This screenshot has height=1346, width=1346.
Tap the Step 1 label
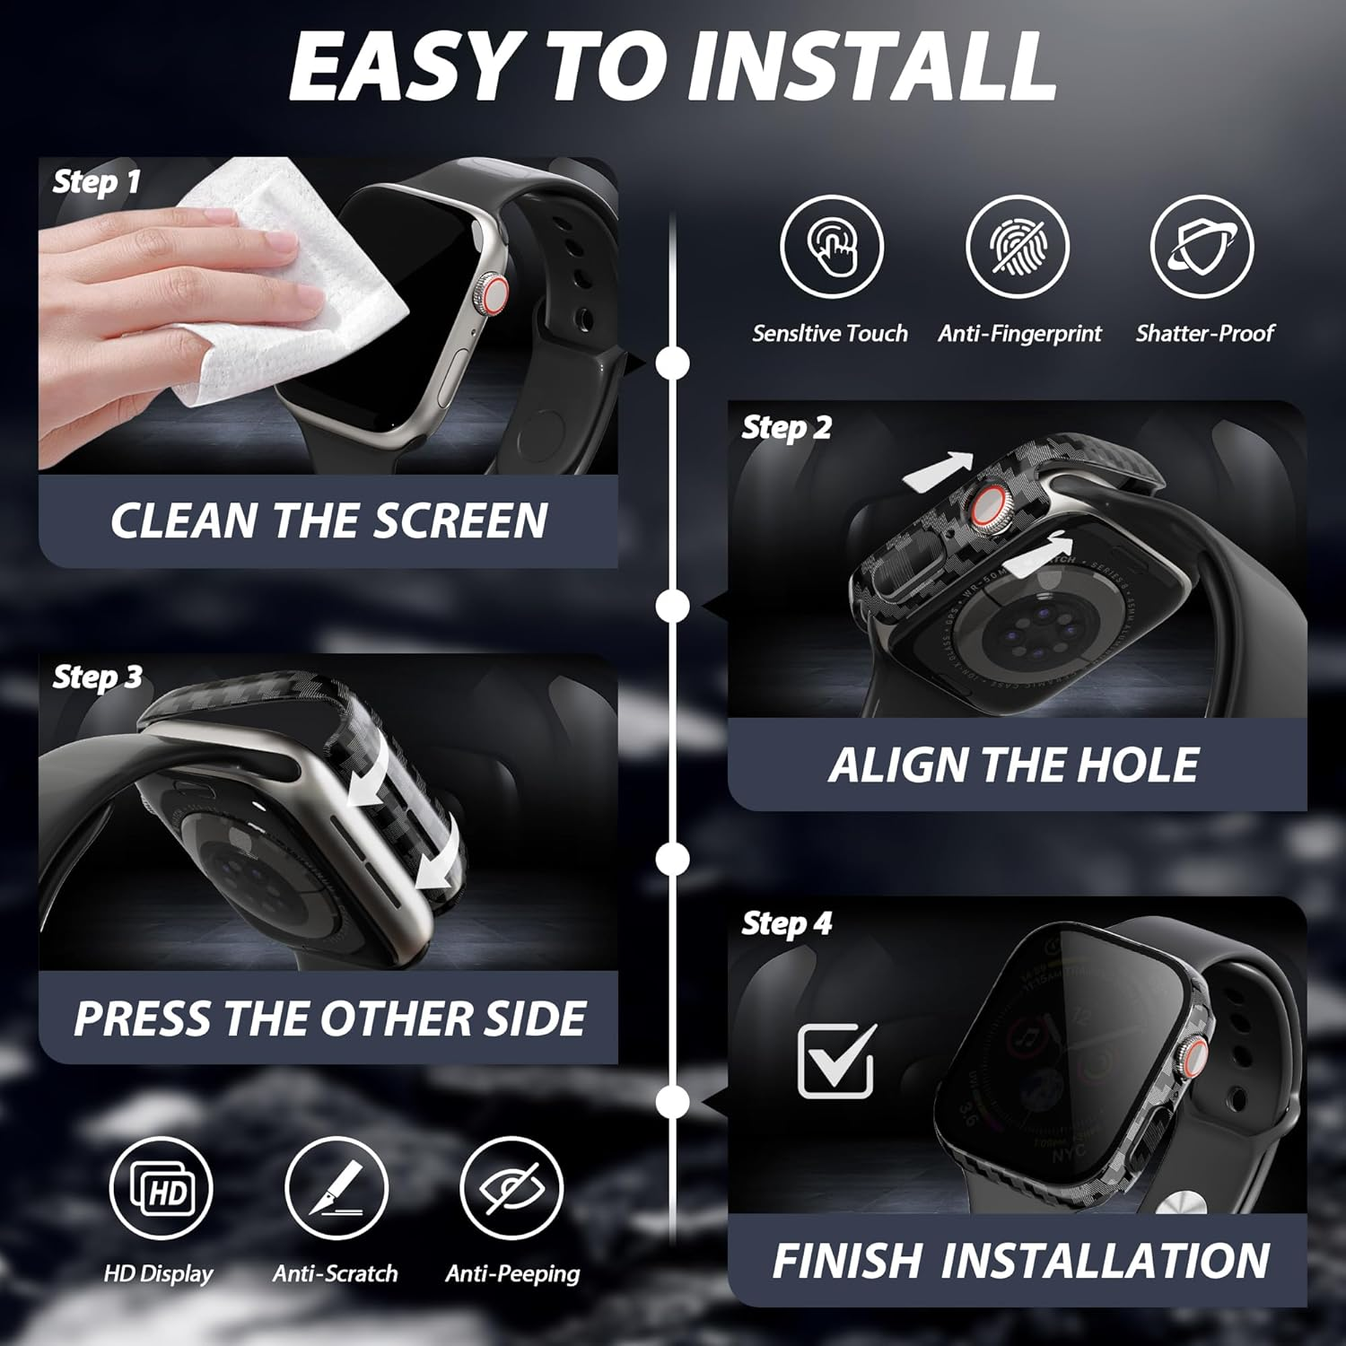(x=97, y=182)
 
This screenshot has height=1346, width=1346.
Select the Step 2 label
(x=786, y=428)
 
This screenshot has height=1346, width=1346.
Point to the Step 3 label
(x=97, y=677)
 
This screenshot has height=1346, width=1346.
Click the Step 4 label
(x=786, y=923)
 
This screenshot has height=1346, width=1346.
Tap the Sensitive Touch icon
(x=831, y=247)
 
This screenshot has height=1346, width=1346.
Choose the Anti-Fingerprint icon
(x=1018, y=247)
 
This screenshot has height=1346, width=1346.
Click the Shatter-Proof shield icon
(x=1202, y=247)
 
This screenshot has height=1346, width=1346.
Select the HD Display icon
(x=161, y=1189)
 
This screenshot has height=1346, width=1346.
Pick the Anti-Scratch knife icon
(x=336, y=1189)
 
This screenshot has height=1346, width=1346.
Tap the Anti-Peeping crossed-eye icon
(x=511, y=1189)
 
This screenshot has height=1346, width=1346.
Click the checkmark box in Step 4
(x=836, y=1062)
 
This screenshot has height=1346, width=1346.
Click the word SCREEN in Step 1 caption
(x=460, y=520)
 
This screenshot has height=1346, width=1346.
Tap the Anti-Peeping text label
(x=512, y=1273)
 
